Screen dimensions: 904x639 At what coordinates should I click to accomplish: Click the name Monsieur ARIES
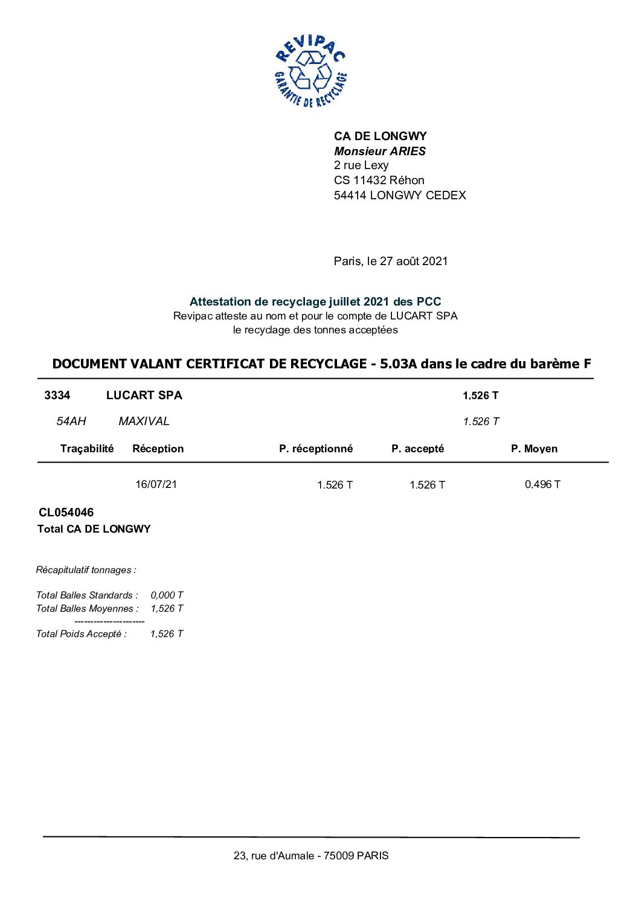[x=380, y=151]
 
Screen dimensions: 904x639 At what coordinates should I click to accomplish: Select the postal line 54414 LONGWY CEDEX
[x=400, y=195]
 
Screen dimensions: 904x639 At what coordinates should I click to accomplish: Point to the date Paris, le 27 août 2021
[x=391, y=261]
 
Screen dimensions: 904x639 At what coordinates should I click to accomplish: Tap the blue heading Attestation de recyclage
[x=315, y=301]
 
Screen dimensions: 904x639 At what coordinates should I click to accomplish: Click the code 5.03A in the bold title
[x=399, y=364]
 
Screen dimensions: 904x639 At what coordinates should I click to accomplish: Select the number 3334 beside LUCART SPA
[x=57, y=396]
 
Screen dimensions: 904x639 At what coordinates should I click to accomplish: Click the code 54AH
[x=71, y=421]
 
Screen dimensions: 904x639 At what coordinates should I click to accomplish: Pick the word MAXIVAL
[x=144, y=421]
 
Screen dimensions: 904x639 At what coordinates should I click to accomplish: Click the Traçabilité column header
[x=87, y=448]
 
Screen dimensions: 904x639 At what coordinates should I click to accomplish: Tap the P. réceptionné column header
[x=316, y=449]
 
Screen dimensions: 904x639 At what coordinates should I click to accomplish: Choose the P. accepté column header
[x=417, y=449]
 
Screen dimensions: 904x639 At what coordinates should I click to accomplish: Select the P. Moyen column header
[x=534, y=449]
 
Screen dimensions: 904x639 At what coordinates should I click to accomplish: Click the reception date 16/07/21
[x=156, y=484]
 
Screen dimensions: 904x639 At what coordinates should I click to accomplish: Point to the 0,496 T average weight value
[x=542, y=484]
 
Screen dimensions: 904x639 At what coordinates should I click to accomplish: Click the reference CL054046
[x=66, y=513]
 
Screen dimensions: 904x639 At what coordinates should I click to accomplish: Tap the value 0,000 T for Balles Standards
[x=167, y=595]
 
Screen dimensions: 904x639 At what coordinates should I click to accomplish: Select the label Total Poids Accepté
[x=82, y=634]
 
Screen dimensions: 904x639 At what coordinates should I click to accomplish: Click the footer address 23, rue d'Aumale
[x=311, y=856]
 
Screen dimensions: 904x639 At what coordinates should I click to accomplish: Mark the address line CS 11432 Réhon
[x=379, y=180]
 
